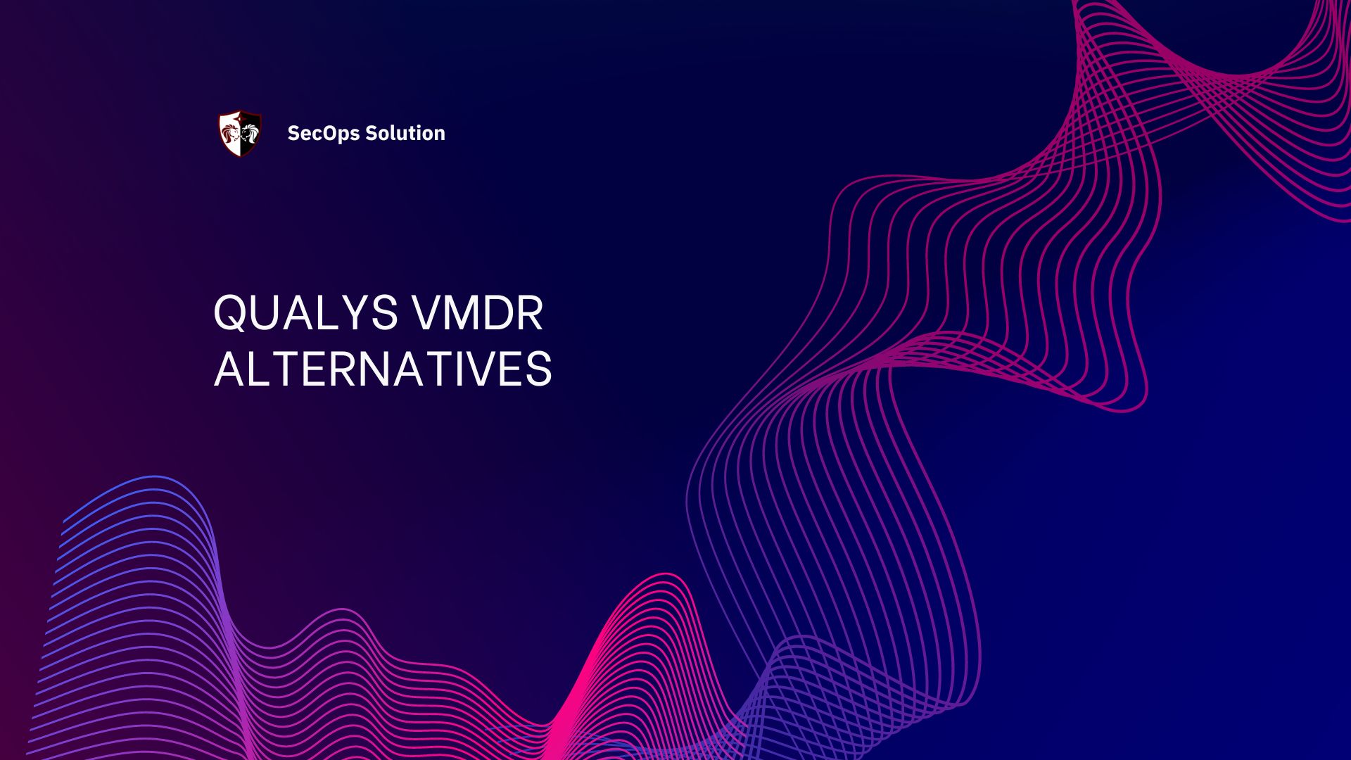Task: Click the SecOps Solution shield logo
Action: (x=240, y=133)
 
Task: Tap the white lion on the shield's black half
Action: (x=250, y=132)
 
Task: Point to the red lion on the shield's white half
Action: (x=230, y=132)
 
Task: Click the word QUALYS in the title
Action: (x=305, y=313)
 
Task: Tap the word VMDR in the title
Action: (x=478, y=313)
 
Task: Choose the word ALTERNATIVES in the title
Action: (x=383, y=369)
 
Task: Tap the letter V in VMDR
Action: (x=427, y=313)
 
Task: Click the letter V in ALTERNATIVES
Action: (x=479, y=369)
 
